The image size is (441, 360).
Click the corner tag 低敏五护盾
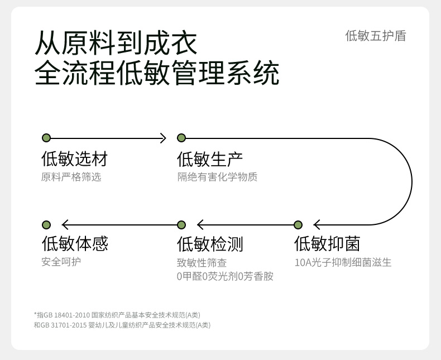(x=376, y=36)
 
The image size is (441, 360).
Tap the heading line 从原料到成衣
(x=116, y=43)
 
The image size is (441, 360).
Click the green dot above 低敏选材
(x=46, y=138)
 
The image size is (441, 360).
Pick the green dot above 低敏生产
(x=181, y=138)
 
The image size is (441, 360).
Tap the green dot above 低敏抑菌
(x=298, y=225)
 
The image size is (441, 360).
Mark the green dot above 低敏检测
(x=181, y=225)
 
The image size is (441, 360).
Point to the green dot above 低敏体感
(x=46, y=225)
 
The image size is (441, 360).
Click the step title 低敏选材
(x=74, y=159)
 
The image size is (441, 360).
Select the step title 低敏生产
(x=210, y=159)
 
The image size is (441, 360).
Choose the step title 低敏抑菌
(x=327, y=244)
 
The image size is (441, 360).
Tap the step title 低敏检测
(x=210, y=244)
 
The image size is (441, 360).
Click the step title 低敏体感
(x=75, y=244)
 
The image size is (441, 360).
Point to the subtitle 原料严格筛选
(x=71, y=177)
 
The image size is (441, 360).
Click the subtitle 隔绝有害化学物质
(x=217, y=177)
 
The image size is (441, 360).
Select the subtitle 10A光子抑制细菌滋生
(x=343, y=262)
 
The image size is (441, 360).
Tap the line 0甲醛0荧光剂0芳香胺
(x=225, y=276)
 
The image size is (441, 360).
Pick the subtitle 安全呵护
(x=61, y=262)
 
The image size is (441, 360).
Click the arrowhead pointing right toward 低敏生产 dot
(x=163, y=138)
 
